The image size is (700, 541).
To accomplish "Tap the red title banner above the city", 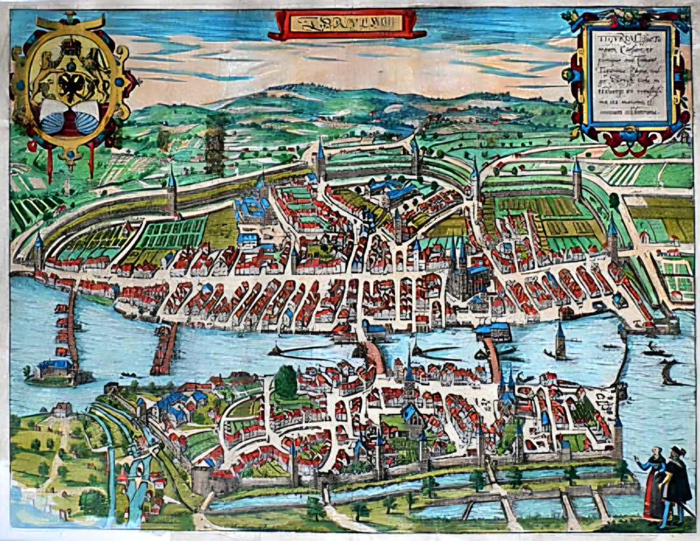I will [347, 25].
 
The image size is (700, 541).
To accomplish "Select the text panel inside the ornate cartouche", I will [630, 77].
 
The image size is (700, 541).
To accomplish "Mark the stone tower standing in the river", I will [560, 342].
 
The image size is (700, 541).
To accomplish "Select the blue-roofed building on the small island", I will [54, 367].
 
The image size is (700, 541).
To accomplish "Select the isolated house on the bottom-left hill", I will [62, 410].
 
